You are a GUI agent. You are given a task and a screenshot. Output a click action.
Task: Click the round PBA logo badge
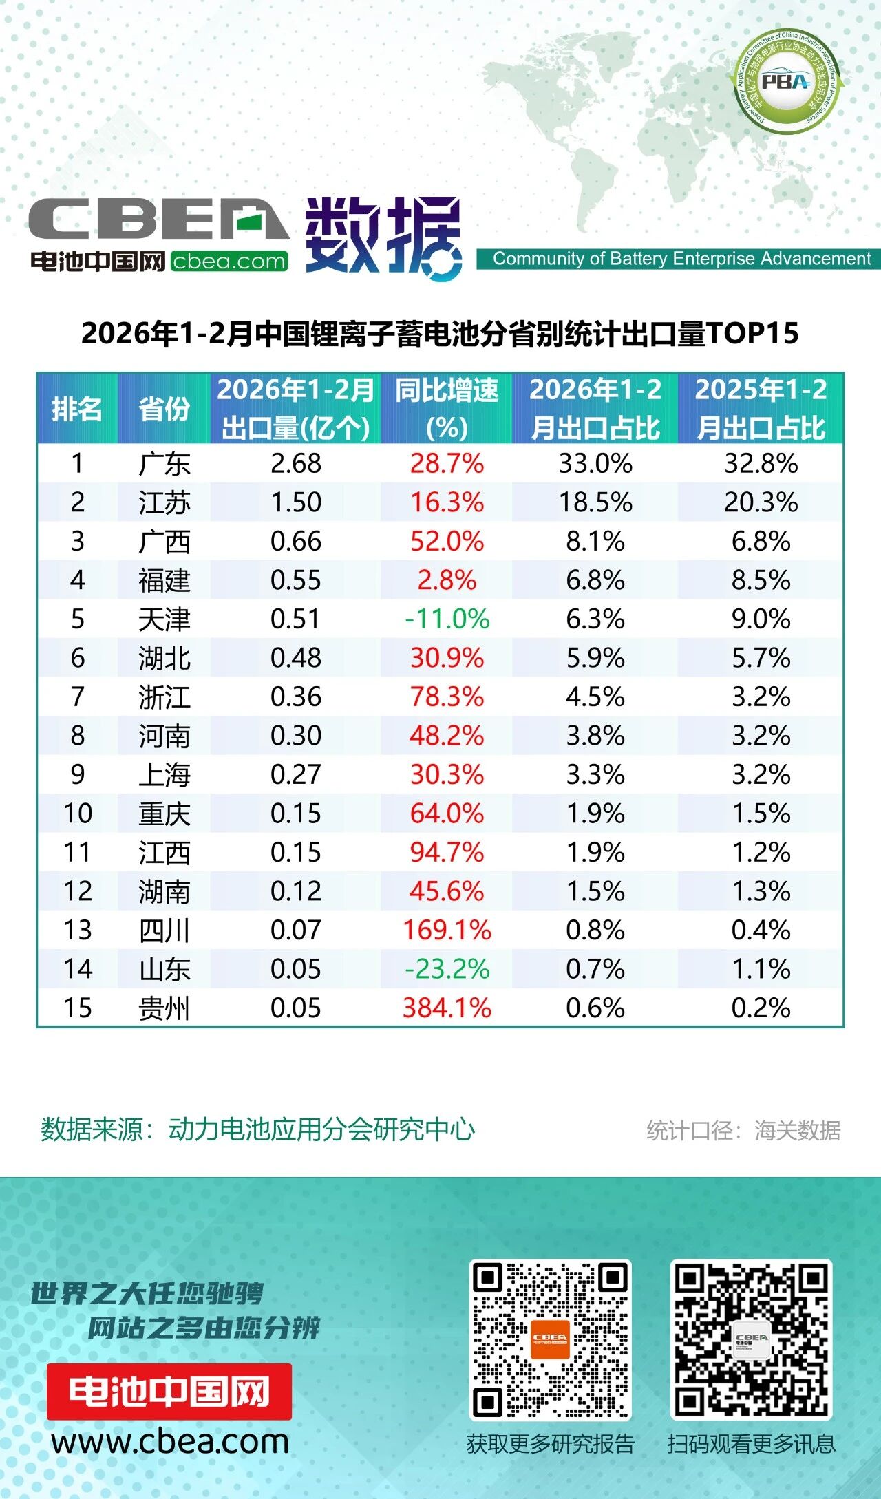(x=785, y=82)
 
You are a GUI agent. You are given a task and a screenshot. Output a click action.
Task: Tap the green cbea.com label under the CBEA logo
(x=229, y=262)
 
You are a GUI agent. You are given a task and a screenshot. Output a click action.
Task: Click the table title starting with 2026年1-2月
(x=440, y=334)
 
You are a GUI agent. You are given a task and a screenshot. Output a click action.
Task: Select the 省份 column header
(x=164, y=409)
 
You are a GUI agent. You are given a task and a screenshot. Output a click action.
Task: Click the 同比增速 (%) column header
(x=447, y=409)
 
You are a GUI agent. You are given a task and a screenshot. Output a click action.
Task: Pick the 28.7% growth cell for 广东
(x=447, y=464)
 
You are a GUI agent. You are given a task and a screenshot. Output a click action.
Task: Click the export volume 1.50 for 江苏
(x=296, y=502)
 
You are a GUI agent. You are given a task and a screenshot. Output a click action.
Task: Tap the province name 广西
(x=164, y=542)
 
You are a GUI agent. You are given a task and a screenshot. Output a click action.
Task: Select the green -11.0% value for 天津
(x=447, y=619)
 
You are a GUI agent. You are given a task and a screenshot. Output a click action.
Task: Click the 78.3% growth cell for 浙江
(x=447, y=697)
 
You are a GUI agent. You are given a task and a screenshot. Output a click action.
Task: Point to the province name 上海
(x=164, y=775)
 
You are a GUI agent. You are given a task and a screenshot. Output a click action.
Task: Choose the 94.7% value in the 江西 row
(x=447, y=853)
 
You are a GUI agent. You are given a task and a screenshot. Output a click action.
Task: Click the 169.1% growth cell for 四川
(x=447, y=931)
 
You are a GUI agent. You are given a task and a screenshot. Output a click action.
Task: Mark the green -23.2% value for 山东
(x=447, y=970)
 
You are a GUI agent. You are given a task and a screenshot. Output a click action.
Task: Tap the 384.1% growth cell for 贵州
(x=447, y=1008)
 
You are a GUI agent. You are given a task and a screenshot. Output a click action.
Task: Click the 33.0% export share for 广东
(x=595, y=464)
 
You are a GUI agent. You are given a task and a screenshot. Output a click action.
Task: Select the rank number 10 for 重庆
(x=78, y=814)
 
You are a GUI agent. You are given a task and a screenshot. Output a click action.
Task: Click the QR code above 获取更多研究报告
(x=550, y=1339)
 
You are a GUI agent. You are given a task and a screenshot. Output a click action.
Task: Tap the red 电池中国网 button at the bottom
(x=169, y=1391)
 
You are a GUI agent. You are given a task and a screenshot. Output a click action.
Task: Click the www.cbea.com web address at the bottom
(x=170, y=1441)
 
